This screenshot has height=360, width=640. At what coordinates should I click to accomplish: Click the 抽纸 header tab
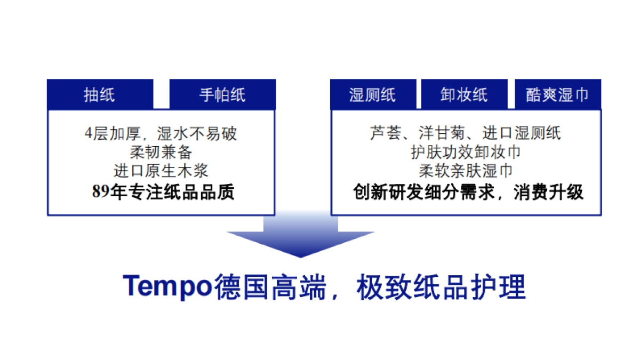click(x=100, y=95)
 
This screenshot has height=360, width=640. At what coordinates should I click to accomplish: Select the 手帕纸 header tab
click(x=222, y=95)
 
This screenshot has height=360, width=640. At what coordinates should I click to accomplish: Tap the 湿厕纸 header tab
click(x=372, y=95)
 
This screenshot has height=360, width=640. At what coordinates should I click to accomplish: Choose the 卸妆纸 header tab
click(x=464, y=95)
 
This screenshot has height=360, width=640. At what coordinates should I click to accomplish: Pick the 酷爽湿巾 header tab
click(x=557, y=95)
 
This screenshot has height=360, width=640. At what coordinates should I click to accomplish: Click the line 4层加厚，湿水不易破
click(x=161, y=133)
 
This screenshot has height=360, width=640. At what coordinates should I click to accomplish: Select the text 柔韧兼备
click(x=161, y=153)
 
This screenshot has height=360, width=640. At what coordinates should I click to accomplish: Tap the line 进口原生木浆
click(x=161, y=171)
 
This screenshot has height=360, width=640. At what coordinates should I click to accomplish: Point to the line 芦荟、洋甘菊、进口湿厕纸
click(x=465, y=133)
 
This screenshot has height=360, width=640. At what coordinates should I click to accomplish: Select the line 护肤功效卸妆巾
click(x=465, y=153)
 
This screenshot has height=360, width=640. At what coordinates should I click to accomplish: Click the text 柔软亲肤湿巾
click(x=465, y=171)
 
